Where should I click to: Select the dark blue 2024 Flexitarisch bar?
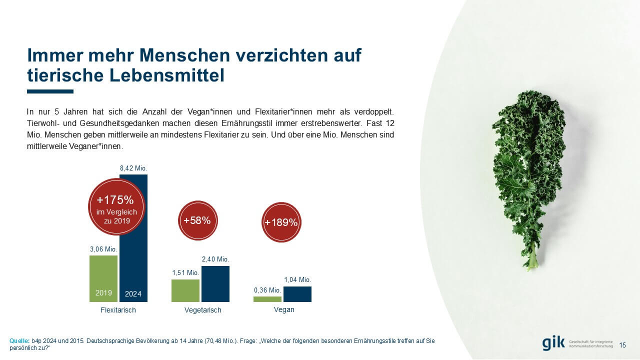(x=134, y=265)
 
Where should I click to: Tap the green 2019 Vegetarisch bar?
(x=185, y=290)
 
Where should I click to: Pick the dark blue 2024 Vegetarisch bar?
(x=215, y=284)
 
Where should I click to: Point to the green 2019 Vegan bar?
(x=267, y=299)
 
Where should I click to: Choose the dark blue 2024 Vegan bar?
(x=297, y=294)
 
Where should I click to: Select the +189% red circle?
(x=281, y=222)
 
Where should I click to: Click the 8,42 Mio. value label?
(x=133, y=168)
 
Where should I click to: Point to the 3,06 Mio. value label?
(x=103, y=249)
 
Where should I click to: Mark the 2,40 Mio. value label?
(x=215, y=259)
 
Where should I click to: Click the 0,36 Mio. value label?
(x=267, y=290)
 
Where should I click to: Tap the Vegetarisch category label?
(x=202, y=310)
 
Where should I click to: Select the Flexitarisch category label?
(x=118, y=310)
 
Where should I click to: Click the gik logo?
(x=553, y=343)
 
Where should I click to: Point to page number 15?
(x=622, y=345)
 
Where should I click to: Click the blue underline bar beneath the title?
(x=50, y=91)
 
